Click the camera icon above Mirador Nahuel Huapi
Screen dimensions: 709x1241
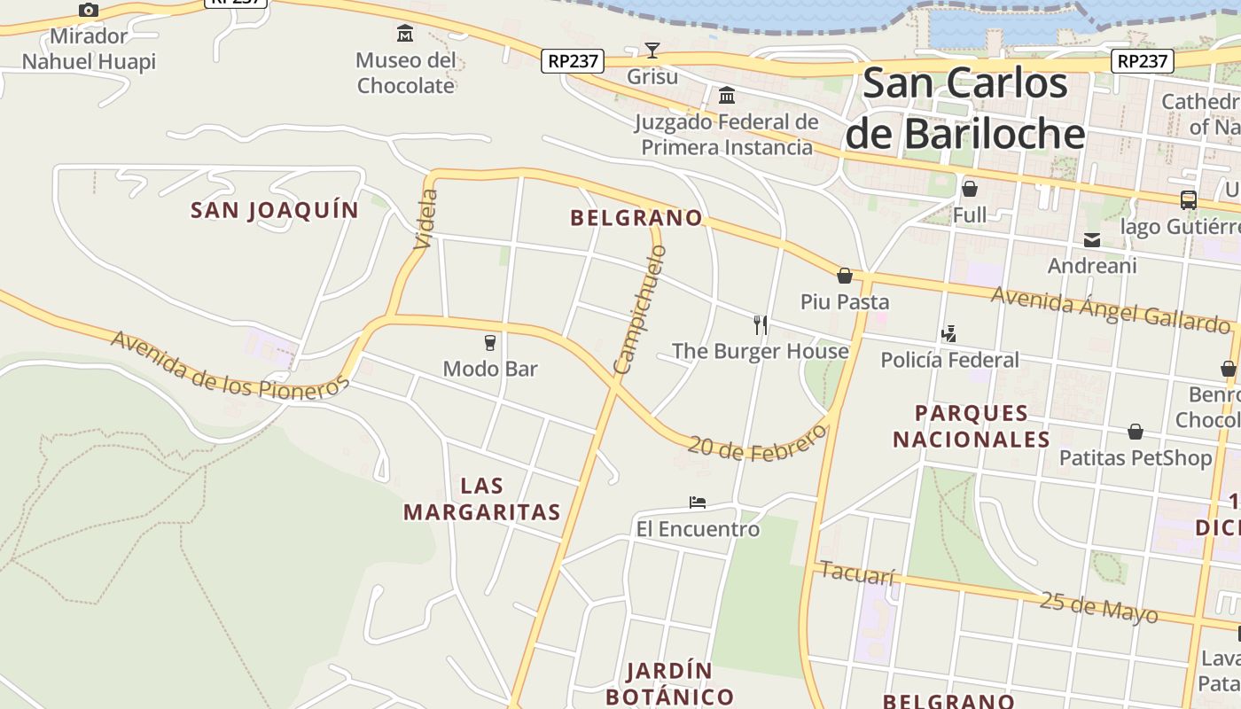pyautogui.click(x=88, y=11)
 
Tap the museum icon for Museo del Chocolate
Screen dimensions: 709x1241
pyautogui.click(x=405, y=34)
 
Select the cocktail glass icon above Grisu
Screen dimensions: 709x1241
pyautogui.click(x=652, y=50)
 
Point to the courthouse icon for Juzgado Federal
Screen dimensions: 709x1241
pyautogui.click(x=727, y=95)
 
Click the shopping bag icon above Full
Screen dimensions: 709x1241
pyautogui.click(x=970, y=189)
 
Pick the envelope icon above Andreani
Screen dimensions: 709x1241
pyautogui.click(x=1092, y=239)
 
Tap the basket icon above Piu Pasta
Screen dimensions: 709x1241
pyautogui.click(x=845, y=276)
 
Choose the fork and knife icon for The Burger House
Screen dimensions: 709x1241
pyautogui.click(x=760, y=324)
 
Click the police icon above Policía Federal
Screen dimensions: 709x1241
pyautogui.click(x=949, y=334)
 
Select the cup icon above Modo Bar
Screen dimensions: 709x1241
pyautogui.click(x=490, y=342)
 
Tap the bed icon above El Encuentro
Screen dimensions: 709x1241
pyautogui.click(x=698, y=503)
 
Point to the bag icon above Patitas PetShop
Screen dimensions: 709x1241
pyautogui.click(x=1136, y=432)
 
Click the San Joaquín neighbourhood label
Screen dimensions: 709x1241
pyautogui.click(x=275, y=211)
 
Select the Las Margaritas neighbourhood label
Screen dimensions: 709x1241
pyautogui.click(x=482, y=499)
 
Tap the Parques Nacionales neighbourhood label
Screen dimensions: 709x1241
pyautogui.click(x=972, y=426)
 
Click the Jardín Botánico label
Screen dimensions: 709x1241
pyautogui.click(x=670, y=683)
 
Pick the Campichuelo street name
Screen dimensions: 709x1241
pyautogui.click(x=640, y=309)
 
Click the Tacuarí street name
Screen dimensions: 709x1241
pyautogui.click(x=857, y=573)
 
